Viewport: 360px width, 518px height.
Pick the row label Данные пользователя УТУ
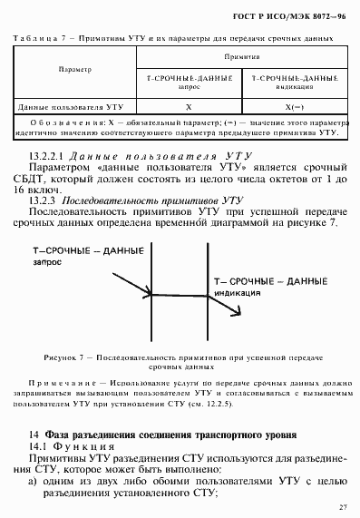coord(63,105)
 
